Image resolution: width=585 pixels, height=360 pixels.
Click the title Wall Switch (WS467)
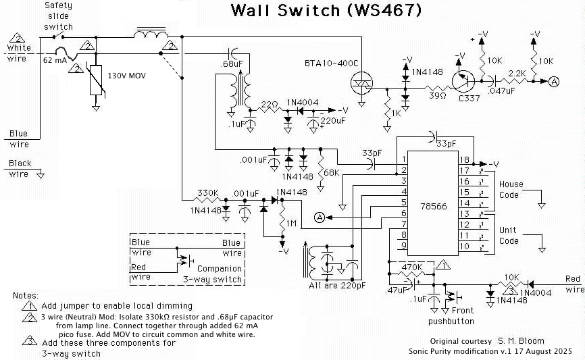pyautogui.click(x=326, y=10)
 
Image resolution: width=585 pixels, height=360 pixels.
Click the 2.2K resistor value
pyautogui.click(x=517, y=72)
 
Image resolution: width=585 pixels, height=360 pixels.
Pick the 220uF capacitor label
pyautogui.click(x=333, y=120)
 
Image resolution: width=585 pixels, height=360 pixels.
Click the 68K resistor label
pyautogui.click(x=331, y=174)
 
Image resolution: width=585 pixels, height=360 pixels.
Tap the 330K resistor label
pyautogui.click(x=208, y=193)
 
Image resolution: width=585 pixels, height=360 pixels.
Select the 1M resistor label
pyautogui.click(x=291, y=223)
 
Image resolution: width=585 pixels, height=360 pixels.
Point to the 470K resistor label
pyautogui.click(x=411, y=268)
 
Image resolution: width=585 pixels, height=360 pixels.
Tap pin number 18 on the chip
pyautogui.click(x=464, y=160)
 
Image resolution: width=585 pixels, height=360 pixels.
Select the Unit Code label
pyautogui.click(x=508, y=236)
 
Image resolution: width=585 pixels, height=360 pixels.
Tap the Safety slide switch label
pyautogui.click(x=58, y=16)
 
